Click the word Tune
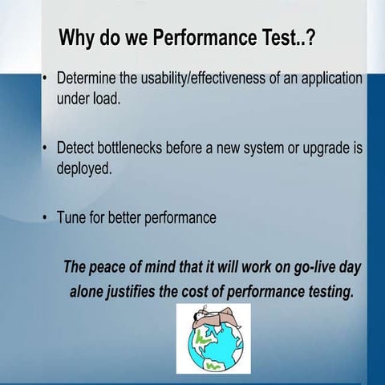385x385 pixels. [71, 218]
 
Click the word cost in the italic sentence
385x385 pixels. [212, 290]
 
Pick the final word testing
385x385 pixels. [330, 290]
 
